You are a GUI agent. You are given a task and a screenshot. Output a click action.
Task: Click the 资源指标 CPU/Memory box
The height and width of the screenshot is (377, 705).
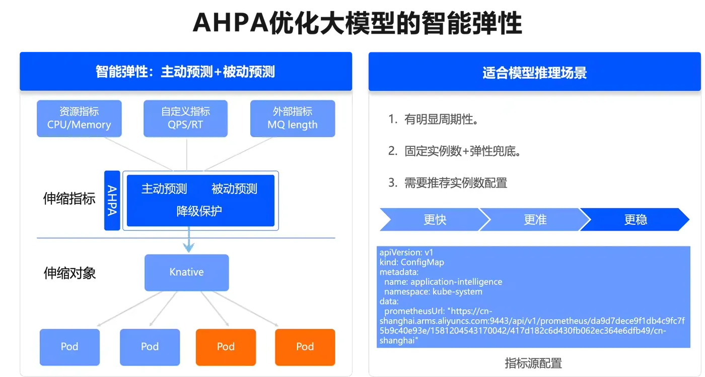79,118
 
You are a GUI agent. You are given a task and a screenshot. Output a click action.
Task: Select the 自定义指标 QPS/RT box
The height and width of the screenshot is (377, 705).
185,118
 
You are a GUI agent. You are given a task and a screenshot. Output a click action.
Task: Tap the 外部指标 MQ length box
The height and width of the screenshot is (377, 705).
293,118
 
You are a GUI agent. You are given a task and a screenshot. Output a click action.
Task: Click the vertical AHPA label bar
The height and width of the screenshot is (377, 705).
112,200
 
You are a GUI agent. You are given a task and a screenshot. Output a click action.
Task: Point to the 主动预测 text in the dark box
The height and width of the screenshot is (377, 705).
164,188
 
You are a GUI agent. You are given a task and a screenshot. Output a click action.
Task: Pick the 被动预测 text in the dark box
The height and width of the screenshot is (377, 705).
234,188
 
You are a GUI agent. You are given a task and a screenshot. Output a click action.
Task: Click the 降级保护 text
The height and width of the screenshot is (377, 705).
199,211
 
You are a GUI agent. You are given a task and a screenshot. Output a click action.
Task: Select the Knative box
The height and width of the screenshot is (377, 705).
187,273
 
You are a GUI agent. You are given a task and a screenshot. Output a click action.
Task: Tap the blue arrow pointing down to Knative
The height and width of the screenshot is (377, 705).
189,239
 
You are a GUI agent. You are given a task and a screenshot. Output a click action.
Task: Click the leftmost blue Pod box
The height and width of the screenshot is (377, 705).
69,347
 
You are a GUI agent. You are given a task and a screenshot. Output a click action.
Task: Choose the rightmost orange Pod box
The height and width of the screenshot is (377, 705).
305,347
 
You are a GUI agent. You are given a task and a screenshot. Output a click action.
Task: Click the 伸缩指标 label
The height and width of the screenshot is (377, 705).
69,199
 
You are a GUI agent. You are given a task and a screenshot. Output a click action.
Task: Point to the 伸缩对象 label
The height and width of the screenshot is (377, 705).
69,273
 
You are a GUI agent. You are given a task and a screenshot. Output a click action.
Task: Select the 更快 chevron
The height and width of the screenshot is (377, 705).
434,220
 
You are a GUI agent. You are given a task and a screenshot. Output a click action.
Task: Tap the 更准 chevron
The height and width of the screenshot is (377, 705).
535,220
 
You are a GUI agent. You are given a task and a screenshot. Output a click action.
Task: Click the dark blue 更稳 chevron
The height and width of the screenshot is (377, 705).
635,220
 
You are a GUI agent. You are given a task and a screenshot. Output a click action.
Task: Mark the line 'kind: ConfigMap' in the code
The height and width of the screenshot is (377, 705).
412,262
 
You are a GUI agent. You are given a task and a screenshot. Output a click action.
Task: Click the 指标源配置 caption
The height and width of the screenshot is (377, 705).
533,363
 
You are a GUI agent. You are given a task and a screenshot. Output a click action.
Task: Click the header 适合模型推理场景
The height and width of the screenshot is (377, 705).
534,73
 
